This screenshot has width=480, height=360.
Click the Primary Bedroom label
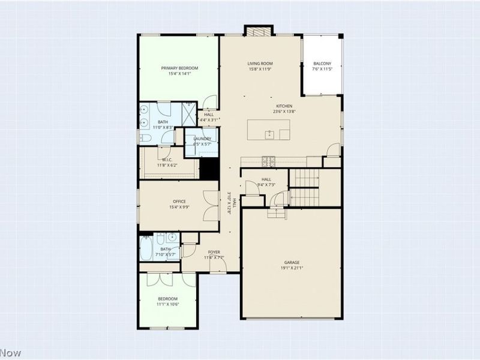pos(179,68)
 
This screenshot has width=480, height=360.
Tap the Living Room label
pos(260,63)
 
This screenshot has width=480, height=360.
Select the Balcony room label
pos(322,64)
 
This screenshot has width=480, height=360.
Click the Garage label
pos(292,262)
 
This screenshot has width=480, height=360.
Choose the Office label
pos(179,201)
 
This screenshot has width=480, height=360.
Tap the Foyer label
pos(214,251)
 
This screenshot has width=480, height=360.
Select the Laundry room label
pos(202,139)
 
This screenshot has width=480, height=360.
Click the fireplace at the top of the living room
pos(257,32)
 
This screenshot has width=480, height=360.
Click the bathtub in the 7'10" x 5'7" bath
pos(148,248)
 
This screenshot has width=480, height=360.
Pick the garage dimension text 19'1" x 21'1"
pos(292,268)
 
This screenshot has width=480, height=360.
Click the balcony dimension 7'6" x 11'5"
pos(322,70)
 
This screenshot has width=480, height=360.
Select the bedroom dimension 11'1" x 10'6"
pos(168,304)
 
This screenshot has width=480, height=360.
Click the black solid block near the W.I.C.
pos(208,168)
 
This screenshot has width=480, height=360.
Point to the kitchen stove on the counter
pos(268,160)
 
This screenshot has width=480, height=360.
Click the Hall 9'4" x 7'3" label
pos(266,179)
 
